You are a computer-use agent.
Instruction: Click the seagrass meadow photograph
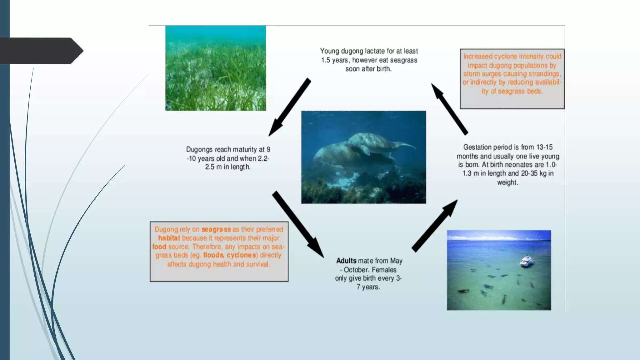click(216, 68)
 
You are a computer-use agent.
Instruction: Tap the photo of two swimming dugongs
click(363, 157)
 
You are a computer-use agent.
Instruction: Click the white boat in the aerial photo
click(526, 261)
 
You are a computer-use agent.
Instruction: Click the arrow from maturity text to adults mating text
click(297, 224)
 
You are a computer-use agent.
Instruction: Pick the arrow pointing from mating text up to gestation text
click(435, 226)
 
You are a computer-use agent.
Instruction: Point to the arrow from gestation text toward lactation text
click(449, 109)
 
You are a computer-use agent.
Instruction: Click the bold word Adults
click(346, 261)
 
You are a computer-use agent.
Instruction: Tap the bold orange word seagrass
click(216, 229)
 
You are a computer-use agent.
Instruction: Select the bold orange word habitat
click(169, 238)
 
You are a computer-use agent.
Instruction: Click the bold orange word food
click(159, 247)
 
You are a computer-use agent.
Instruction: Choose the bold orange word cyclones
click(241, 255)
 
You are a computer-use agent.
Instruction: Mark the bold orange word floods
click(213, 255)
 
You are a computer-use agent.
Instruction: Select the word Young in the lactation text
click(329, 51)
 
